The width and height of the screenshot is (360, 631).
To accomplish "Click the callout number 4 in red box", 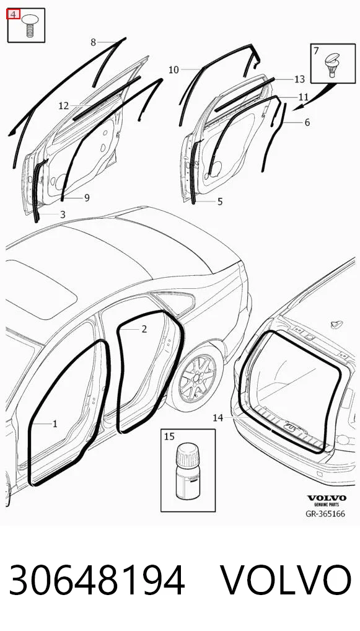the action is [13, 14].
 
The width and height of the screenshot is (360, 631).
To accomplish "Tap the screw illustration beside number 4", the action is [29, 25].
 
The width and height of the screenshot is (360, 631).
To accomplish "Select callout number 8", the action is [94, 42].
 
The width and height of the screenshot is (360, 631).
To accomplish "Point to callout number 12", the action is [64, 106].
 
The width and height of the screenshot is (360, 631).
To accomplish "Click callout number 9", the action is [87, 198].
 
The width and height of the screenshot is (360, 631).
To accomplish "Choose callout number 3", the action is [63, 214].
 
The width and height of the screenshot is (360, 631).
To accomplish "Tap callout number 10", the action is [173, 70].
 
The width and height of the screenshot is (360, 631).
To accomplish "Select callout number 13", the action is [300, 79].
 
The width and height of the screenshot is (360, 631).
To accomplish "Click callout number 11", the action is [303, 97].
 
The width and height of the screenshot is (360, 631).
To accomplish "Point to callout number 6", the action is [307, 122].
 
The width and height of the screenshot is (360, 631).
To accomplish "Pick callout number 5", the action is [220, 201].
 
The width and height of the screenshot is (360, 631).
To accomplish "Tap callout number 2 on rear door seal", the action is [144, 329].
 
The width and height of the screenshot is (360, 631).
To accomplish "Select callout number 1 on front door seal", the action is [55, 424].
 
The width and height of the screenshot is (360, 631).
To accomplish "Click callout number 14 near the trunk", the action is [217, 418].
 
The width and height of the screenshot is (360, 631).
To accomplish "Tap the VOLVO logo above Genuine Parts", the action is [327, 498].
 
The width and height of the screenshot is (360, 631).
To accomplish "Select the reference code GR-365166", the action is [325, 514].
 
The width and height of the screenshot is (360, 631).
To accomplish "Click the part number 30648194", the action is [97, 580].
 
